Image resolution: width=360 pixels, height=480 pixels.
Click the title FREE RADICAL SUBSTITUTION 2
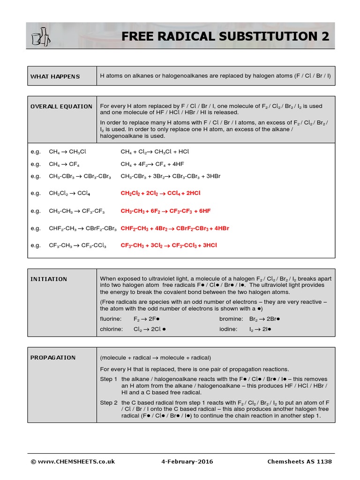225,36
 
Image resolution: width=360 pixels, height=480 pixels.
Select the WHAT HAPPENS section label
55,76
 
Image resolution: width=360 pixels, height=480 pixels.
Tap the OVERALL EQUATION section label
61,106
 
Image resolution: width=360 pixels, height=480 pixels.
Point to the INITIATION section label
49,279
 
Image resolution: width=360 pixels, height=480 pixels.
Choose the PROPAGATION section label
53,358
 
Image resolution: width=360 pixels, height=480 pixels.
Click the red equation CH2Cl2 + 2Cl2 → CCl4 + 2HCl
161,193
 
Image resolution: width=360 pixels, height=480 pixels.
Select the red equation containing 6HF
165,211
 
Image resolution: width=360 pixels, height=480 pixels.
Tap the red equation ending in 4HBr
175,228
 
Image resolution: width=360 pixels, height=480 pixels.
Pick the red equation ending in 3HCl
169,245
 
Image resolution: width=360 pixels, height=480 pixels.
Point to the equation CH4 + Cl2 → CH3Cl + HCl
155,152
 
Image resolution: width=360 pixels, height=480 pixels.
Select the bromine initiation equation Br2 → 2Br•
264,319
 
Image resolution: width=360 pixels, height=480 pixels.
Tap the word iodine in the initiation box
228,329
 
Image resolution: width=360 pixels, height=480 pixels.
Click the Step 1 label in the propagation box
109,379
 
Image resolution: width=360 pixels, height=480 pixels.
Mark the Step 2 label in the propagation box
109,403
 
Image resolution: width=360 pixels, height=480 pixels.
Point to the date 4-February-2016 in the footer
187,462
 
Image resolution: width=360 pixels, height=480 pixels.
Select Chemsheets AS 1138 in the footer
300,462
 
